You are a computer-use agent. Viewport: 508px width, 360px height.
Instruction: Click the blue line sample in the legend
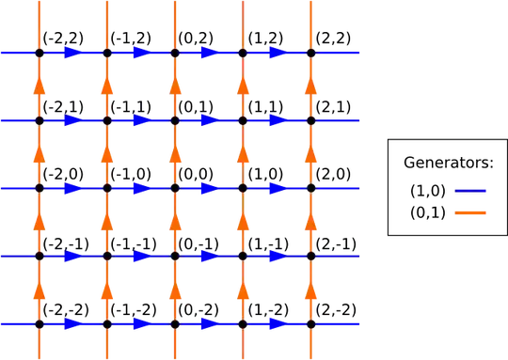click(470, 191)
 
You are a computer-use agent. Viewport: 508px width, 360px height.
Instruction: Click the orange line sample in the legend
click(470, 212)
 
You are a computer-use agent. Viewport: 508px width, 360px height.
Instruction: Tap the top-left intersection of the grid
click(39, 54)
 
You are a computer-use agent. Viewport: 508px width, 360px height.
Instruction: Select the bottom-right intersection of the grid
click(310, 324)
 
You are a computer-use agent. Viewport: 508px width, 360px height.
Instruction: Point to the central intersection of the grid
click(175, 189)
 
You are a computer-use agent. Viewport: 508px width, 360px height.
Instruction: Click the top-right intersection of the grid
click(310, 54)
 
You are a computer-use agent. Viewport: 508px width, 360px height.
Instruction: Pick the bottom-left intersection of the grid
click(39, 324)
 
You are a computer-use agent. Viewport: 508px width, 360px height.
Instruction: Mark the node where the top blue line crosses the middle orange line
click(175, 54)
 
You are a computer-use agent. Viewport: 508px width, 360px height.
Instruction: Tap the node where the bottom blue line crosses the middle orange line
click(175, 324)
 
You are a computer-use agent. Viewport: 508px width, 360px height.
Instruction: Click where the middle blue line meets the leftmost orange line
click(39, 189)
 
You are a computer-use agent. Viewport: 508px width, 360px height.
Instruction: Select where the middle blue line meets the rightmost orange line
click(310, 189)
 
